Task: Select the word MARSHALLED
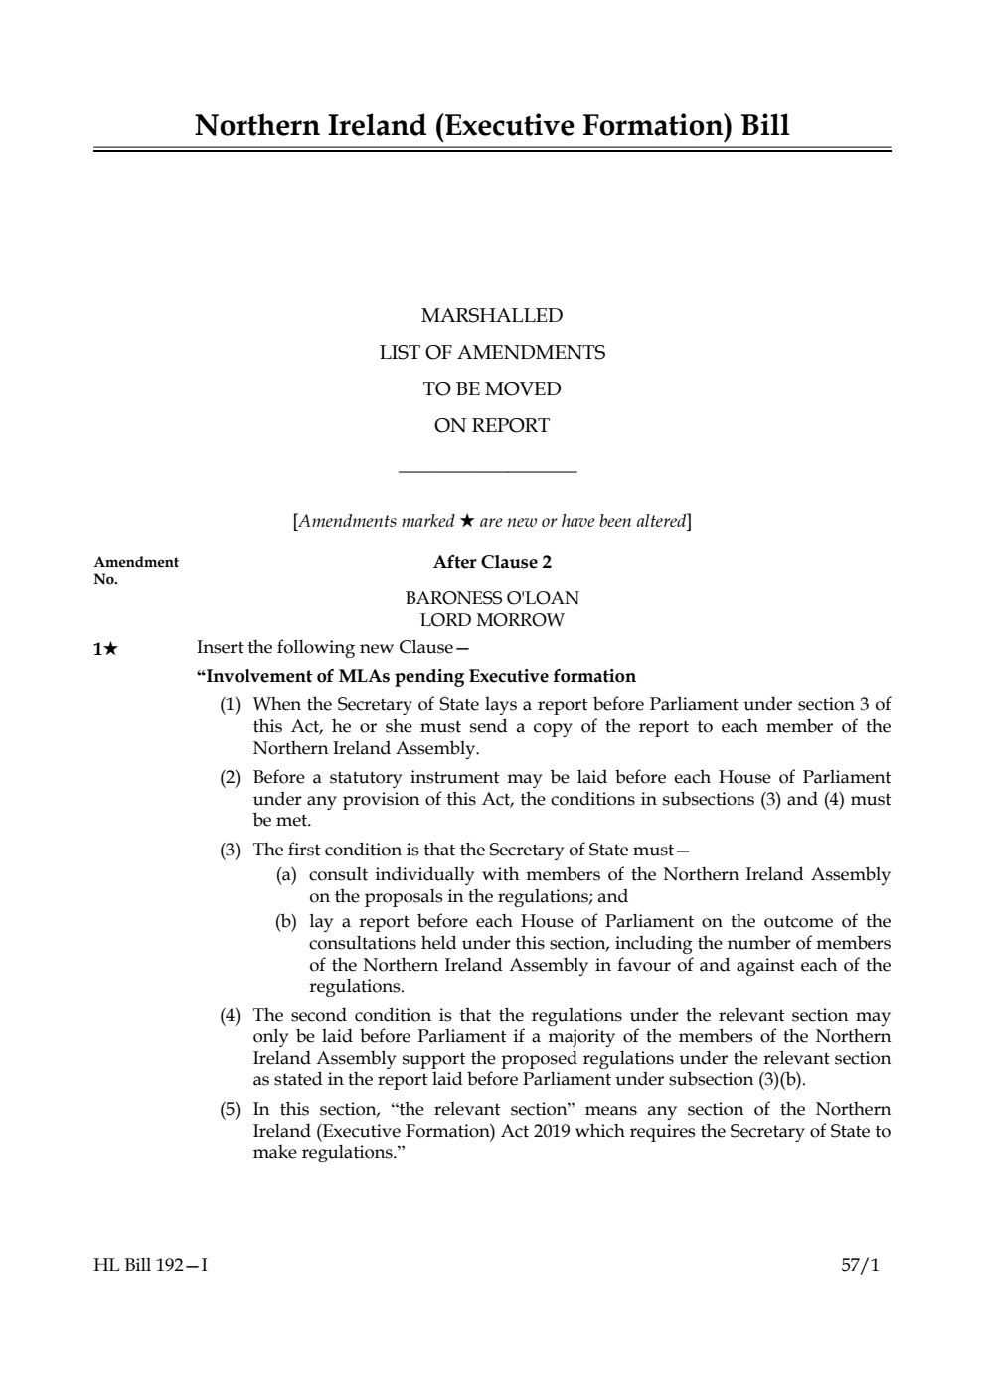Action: click(x=492, y=316)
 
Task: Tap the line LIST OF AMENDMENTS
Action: click(x=492, y=353)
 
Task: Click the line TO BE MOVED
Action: click(x=492, y=389)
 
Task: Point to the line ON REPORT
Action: click(x=492, y=426)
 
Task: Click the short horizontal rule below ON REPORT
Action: click(x=487, y=472)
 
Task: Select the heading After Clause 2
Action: click(x=492, y=562)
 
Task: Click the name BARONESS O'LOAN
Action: click(x=492, y=598)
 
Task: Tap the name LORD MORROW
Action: click(x=492, y=620)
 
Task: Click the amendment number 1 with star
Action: click(x=105, y=649)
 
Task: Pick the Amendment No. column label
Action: click(x=136, y=570)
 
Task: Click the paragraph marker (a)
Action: click(x=286, y=875)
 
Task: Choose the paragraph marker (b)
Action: click(x=286, y=922)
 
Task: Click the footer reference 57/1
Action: click(x=860, y=1266)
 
